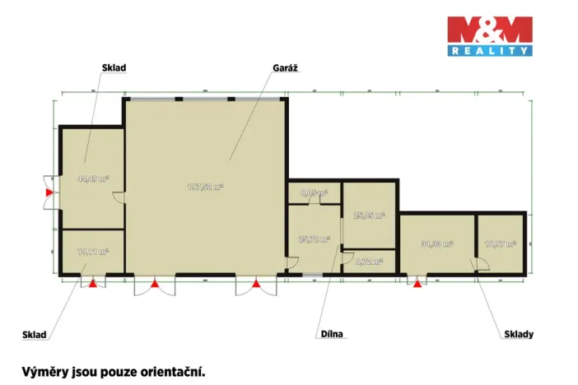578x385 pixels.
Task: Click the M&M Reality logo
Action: pos(489,35)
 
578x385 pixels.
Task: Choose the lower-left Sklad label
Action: pos(35,335)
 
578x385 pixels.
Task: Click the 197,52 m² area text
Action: pos(205,187)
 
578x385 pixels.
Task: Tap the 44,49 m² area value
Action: pos(93,178)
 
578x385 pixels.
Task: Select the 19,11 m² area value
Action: pos(92,253)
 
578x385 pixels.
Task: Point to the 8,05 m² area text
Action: pos(314,192)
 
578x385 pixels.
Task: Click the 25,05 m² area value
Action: pos(368,216)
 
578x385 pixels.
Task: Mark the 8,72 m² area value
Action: pos(368,262)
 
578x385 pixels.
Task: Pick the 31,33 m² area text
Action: pos(436,244)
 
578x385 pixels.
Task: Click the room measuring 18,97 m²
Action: pos(500,244)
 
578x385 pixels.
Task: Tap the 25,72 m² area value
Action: pos(313,239)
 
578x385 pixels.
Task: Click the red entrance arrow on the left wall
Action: pos(49,192)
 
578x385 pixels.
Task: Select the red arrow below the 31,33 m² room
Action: pos(417,284)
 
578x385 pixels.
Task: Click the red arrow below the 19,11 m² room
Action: pos(93,284)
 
